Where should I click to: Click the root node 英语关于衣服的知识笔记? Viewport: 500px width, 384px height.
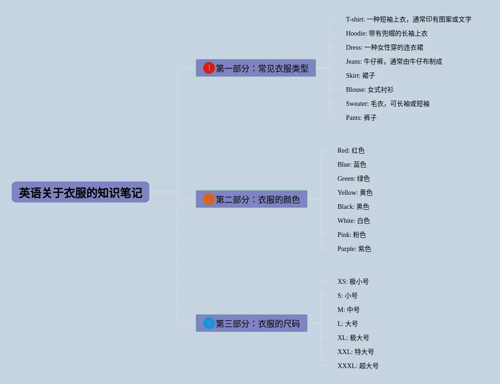tap(81, 192)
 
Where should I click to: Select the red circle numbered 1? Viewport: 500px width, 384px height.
tap(209, 68)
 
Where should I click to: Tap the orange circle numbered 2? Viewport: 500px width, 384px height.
tap(209, 199)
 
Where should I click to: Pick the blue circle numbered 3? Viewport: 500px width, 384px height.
tap(209, 323)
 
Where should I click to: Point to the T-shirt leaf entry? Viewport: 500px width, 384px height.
tap(408, 19)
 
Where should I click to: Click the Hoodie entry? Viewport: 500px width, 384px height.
tap(387, 33)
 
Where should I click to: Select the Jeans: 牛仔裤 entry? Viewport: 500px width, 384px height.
tap(394, 61)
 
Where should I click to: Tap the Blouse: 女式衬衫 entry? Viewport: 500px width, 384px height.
tap(369, 89)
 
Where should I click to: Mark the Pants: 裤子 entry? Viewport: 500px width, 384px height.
tap(361, 118)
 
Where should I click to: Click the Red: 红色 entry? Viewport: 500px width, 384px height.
tap(351, 150)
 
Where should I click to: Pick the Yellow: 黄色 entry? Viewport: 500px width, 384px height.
tap(355, 192)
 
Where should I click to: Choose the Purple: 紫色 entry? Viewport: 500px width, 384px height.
tap(354, 249)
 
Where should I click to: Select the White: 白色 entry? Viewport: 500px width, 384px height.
tap(353, 221)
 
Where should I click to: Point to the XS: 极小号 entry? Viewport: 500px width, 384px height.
tap(353, 281)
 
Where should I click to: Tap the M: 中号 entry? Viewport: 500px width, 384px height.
tap(348, 310)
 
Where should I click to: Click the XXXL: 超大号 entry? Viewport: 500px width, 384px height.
tap(358, 366)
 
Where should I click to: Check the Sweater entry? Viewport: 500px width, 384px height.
tap(388, 103)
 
